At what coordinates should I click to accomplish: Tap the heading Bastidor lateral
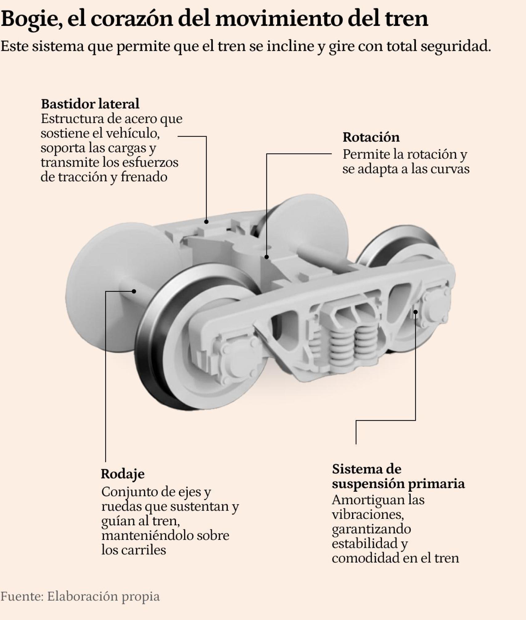(90, 104)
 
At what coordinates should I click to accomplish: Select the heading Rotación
(371, 137)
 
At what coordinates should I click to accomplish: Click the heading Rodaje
(122, 474)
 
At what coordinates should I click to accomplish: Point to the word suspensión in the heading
(368, 484)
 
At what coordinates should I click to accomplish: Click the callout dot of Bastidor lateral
(206, 221)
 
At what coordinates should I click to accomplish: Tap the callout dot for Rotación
(267, 257)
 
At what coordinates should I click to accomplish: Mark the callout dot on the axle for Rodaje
(134, 291)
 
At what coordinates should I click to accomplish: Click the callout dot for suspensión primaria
(415, 312)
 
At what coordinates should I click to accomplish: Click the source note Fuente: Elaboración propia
(80, 596)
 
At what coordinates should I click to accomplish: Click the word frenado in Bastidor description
(144, 177)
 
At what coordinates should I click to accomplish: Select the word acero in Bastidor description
(140, 119)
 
